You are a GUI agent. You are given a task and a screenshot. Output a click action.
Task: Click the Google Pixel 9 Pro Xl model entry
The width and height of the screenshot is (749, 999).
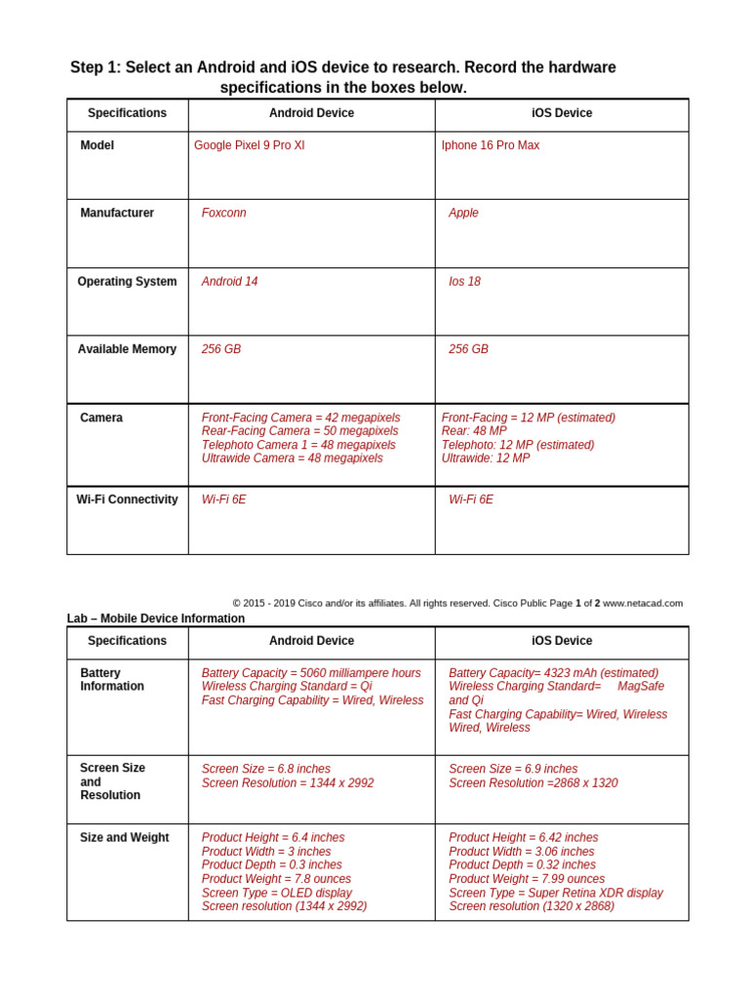[x=249, y=145]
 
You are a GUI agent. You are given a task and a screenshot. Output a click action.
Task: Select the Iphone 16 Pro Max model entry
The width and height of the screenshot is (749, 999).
[x=490, y=145]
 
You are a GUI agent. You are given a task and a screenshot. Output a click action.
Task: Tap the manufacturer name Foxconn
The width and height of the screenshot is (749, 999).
[x=223, y=213]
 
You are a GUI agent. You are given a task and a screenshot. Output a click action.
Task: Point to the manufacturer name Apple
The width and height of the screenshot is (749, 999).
[x=463, y=213]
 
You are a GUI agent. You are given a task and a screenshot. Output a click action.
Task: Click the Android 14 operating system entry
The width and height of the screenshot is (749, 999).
[x=229, y=281]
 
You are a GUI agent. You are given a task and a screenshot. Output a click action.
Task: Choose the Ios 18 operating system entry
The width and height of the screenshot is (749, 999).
[x=464, y=281]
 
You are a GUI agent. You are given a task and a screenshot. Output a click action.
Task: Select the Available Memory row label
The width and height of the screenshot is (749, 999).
[x=127, y=349]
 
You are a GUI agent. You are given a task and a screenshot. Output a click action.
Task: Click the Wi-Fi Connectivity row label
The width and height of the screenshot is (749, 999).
[x=127, y=499]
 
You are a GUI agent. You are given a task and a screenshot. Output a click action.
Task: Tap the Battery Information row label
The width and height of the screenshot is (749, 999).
[x=111, y=680]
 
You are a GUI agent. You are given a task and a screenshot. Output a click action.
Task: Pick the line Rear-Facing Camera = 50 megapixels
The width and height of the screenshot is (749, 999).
[x=299, y=431]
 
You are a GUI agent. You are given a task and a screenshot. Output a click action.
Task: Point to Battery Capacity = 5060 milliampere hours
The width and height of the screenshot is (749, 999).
[x=311, y=673]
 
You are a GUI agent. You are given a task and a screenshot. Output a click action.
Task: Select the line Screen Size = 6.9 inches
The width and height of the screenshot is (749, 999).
[x=513, y=769]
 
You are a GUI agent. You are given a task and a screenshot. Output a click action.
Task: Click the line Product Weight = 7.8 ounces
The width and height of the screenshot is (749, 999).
[x=276, y=879]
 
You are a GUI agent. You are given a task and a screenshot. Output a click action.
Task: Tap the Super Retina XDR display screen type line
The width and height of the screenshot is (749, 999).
[x=555, y=893]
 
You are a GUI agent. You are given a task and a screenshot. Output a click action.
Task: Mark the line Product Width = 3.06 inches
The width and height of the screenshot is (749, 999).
[x=521, y=852]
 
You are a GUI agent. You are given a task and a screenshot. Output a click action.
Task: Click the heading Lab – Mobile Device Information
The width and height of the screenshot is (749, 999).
[x=155, y=619]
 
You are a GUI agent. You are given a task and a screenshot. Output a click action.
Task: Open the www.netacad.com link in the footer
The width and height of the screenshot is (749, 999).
[x=643, y=603]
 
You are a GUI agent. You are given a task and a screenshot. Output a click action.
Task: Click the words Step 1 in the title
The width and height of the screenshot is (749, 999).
[x=96, y=67]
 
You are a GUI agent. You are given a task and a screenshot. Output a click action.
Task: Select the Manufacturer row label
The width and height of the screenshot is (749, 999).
[x=117, y=213]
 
